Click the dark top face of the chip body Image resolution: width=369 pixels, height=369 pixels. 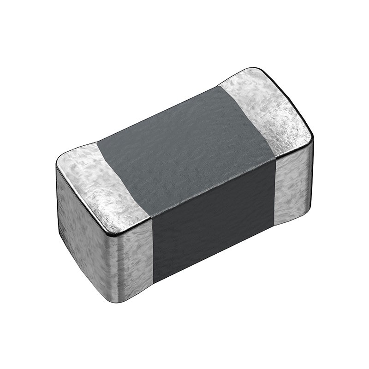tap(184, 148)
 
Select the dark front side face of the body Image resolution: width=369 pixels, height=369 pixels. tap(214, 221)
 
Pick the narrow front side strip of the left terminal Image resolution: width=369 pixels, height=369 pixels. tap(134, 258)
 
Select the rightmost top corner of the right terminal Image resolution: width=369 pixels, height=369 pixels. tap(311, 134)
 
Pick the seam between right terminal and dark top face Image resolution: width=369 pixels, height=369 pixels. tap(247, 120)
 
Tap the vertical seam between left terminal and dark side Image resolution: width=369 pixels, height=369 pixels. tap(152, 249)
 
